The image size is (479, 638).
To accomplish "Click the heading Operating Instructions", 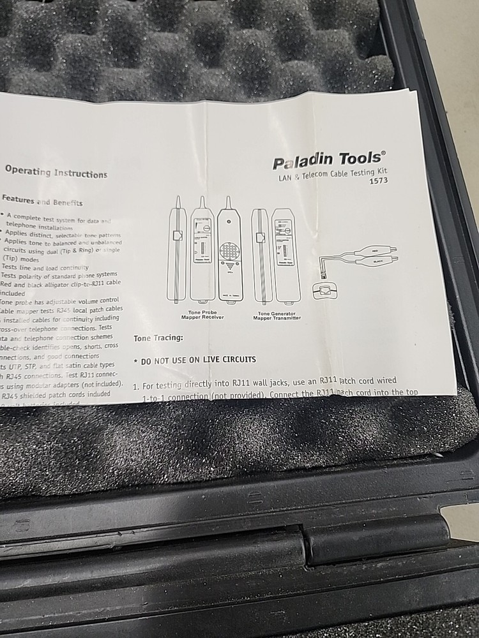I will pos(56,172).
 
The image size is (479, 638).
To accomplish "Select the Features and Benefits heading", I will pos(42,201).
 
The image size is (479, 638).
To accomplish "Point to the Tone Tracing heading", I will pos(158,338).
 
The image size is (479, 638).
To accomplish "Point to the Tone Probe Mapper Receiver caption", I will pos(203,315).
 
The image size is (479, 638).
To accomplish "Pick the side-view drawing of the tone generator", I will pos(259,255).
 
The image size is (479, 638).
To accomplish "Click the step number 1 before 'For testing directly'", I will pos(135,387).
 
